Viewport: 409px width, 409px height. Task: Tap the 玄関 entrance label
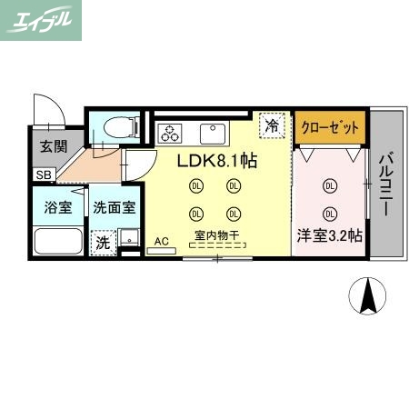(x=46, y=146)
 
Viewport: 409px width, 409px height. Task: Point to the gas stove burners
(x=170, y=133)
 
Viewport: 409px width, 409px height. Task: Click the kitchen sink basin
(x=213, y=133)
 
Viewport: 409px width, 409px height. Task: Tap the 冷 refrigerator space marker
(x=271, y=127)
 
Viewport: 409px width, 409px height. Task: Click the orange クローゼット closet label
(x=331, y=126)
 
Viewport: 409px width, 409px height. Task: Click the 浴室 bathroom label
(x=58, y=206)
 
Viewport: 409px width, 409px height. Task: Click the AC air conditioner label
(x=161, y=242)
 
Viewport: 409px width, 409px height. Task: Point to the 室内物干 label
(x=215, y=236)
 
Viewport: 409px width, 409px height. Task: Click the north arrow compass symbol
(x=369, y=294)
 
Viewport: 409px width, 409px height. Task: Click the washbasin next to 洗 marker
(x=129, y=241)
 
